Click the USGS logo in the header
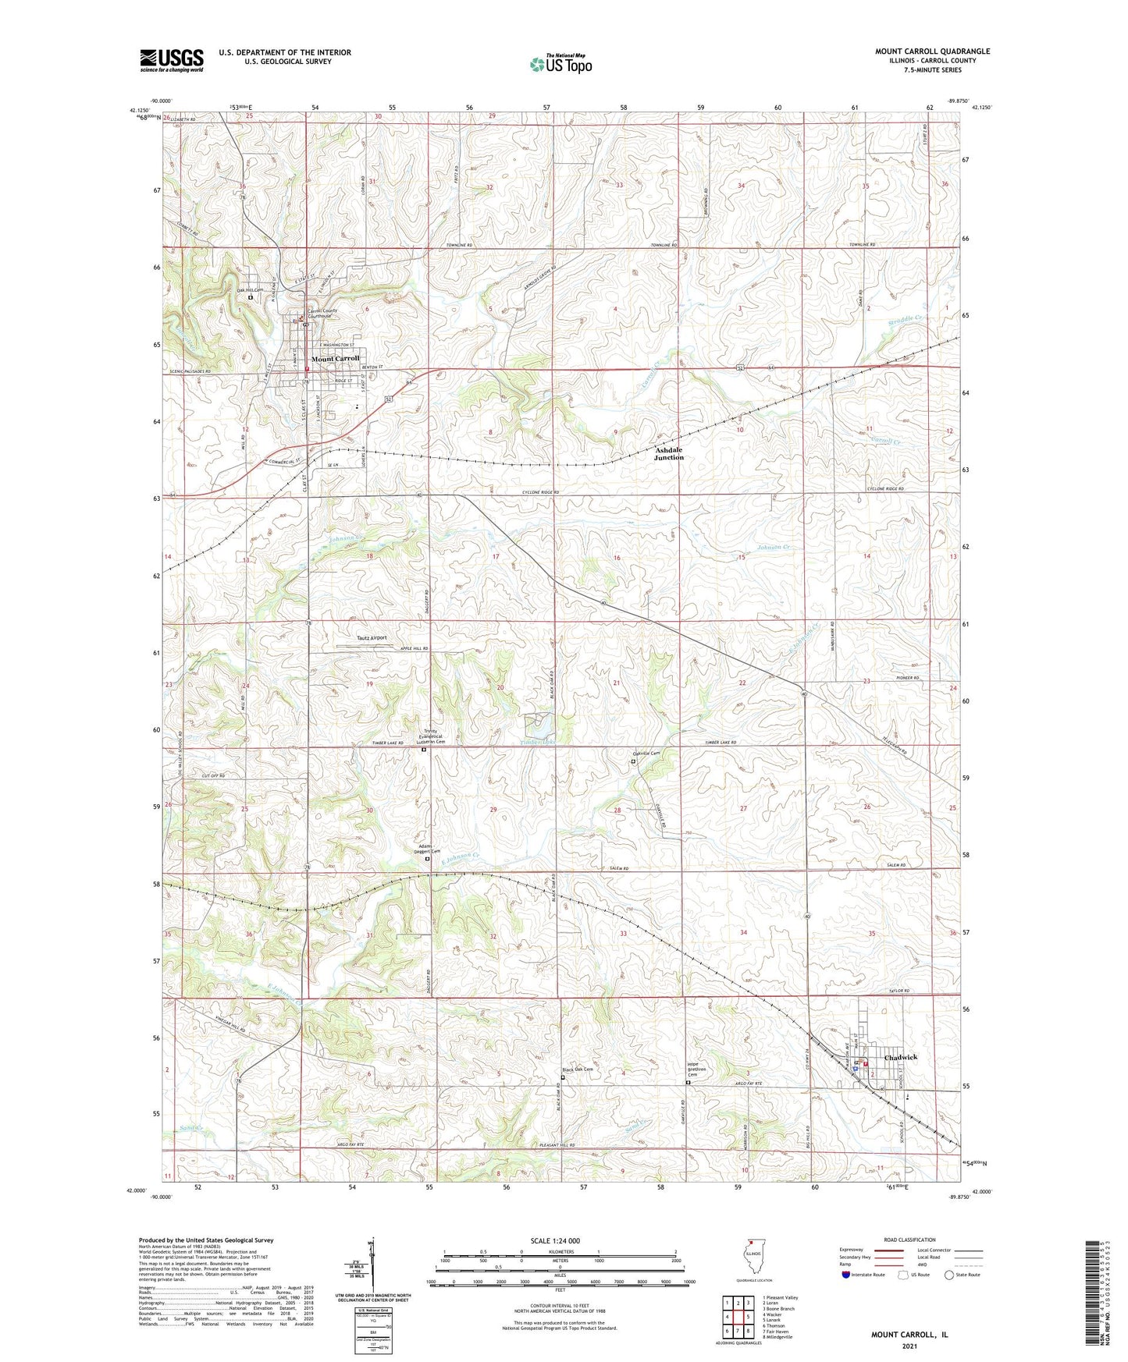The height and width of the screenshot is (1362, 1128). [x=172, y=59]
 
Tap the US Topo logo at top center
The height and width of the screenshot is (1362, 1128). [x=560, y=63]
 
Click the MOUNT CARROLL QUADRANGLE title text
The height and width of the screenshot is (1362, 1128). [x=932, y=51]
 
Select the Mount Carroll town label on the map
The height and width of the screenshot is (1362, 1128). [x=336, y=359]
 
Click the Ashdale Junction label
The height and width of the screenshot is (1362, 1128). [x=668, y=454]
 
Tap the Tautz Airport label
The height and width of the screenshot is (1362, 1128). [x=367, y=637]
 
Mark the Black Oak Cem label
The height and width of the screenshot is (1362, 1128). [x=578, y=1069]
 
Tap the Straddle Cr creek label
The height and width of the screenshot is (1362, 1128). [x=906, y=319]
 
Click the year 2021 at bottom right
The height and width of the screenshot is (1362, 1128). [x=909, y=1346]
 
